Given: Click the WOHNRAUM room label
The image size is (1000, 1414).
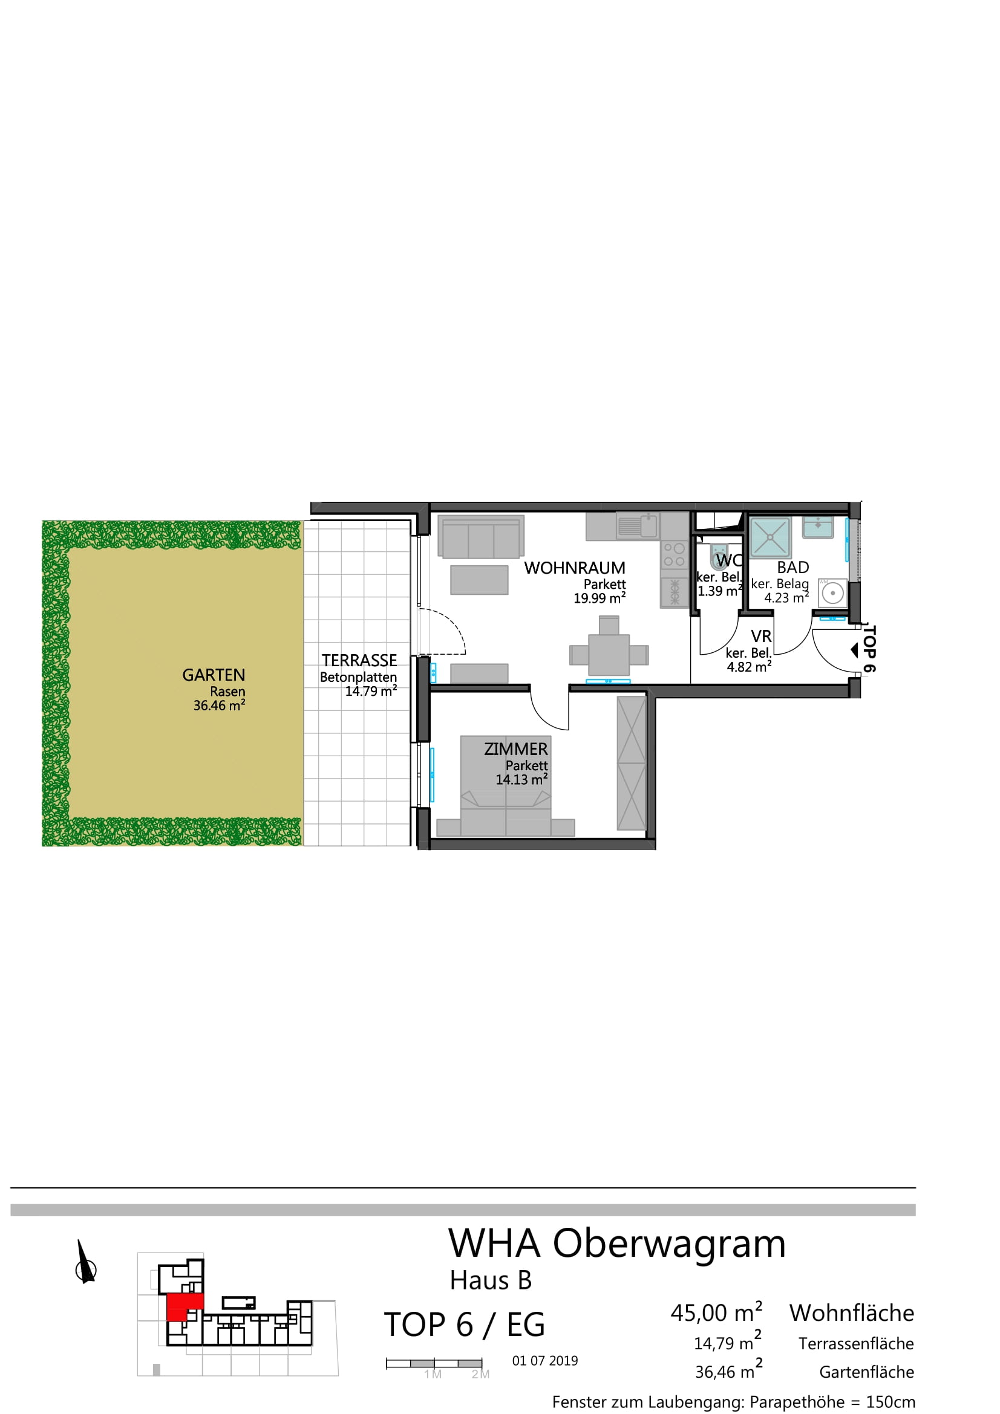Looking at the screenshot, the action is (574, 568).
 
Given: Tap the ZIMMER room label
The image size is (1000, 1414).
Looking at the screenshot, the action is (515, 749).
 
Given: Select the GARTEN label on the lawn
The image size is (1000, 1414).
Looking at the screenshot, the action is (213, 675).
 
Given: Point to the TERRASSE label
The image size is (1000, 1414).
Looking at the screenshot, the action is (359, 660).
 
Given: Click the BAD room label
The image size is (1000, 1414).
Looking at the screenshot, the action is (792, 567).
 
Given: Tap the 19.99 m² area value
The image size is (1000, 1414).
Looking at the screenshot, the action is (600, 598).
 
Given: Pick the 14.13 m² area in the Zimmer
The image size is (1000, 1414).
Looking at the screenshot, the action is (521, 779).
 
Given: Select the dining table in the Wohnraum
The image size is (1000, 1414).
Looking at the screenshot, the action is (609, 655).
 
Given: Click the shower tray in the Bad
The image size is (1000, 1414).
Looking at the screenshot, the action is (770, 537).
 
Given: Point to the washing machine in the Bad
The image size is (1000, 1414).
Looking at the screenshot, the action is (832, 593).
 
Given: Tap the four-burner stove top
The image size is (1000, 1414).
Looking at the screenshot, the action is (674, 554).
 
